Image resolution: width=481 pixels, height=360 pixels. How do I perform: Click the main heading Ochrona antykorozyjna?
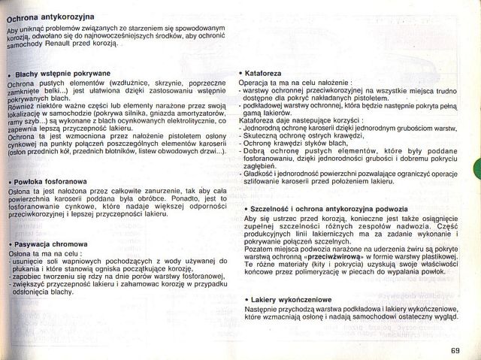point(50,17)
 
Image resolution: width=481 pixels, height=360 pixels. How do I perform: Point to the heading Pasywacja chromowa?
point(51,244)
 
